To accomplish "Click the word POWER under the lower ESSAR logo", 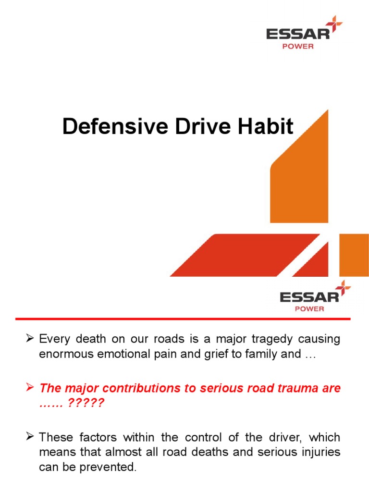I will [x=309, y=308].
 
